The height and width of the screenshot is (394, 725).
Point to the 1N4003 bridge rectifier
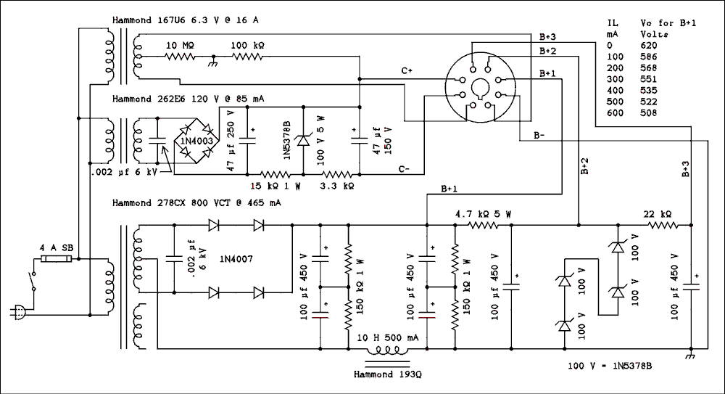[191, 139]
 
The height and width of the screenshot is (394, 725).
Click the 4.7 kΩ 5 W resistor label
[483, 214]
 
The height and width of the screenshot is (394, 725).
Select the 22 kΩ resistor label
[658, 214]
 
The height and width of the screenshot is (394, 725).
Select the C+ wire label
[407, 70]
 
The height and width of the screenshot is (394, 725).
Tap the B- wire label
[541, 136]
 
